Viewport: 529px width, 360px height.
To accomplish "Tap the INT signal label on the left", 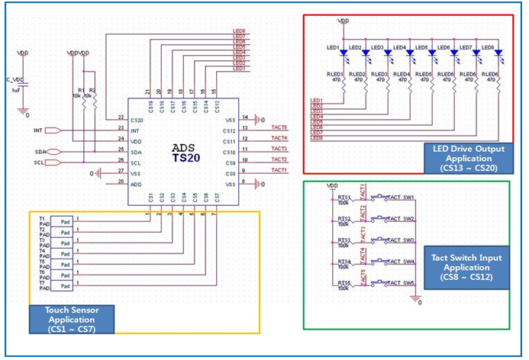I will (38, 130).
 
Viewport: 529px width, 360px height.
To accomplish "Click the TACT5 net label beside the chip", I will (279, 127).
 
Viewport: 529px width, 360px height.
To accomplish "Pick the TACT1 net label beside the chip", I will (279, 170).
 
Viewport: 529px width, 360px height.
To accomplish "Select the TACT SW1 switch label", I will (401, 198).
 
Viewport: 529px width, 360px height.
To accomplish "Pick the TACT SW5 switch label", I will (401, 283).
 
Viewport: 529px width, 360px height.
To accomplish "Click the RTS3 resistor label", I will (344, 239).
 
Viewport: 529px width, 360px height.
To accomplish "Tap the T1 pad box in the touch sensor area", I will (66, 221).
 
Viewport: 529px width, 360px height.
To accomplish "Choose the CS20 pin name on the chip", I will (137, 120).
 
